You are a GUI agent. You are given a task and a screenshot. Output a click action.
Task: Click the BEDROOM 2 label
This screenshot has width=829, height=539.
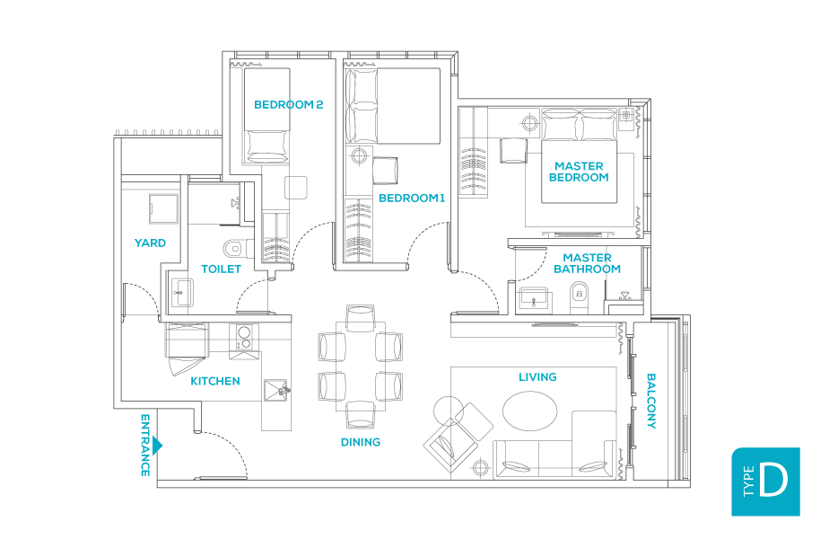pos(289,105)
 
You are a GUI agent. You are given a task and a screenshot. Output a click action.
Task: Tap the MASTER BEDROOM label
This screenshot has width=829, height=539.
pos(579,172)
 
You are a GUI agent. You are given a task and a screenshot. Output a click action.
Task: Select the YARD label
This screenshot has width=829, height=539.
pos(150,243)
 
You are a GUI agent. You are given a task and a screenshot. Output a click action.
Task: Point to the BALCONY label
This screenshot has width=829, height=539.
pos(651,401)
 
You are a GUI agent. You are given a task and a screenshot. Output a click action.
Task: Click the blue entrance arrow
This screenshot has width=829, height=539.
pos(157,446)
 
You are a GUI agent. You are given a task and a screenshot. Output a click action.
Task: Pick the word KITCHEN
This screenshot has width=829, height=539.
pos(215,381)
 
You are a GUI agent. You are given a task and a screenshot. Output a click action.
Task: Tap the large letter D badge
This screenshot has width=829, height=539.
pos(765,482)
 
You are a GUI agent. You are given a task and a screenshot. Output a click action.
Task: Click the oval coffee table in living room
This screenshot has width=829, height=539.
pos(529,411)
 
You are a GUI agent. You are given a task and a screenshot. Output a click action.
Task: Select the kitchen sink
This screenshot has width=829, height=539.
pos(276,390)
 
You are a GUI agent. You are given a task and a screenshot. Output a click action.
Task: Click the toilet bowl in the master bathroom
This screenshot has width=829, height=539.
pos(580,296)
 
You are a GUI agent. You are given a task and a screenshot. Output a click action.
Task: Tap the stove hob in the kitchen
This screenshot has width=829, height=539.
pos(244,337)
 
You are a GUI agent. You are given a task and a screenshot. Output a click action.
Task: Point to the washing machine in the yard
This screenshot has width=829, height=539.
pos(163,209)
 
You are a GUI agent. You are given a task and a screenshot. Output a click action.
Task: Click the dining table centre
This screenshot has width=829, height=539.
pos(361,367)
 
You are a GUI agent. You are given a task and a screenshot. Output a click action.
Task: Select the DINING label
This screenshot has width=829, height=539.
pos(361,442)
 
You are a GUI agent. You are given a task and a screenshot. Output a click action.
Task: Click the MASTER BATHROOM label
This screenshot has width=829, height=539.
pos(587,263)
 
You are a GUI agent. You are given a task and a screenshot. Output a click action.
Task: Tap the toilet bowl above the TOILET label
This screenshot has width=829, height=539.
pos(236,248)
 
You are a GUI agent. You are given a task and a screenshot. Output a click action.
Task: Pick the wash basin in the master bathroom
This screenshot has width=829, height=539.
pos(534,299)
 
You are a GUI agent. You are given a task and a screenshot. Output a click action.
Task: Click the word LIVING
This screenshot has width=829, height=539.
pos(537,377)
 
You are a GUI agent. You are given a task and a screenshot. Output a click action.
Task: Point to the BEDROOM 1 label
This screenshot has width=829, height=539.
pos(412,198)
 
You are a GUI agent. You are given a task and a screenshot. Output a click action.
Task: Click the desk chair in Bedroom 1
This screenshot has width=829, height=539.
pos(386,171)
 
